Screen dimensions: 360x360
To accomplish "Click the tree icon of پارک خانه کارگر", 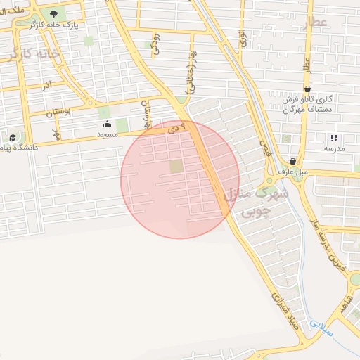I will point(54,13).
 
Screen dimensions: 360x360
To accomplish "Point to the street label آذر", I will point(48,85).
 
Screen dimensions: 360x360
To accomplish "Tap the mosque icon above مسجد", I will point(107,124).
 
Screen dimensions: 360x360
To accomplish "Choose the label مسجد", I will point(107,134).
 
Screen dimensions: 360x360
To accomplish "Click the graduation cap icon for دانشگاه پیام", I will point(13,137).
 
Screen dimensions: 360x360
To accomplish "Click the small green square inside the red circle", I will point(176,166).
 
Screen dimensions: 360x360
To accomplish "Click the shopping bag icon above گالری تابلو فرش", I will point(308,89).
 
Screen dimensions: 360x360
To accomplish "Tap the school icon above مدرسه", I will point(333,139).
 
